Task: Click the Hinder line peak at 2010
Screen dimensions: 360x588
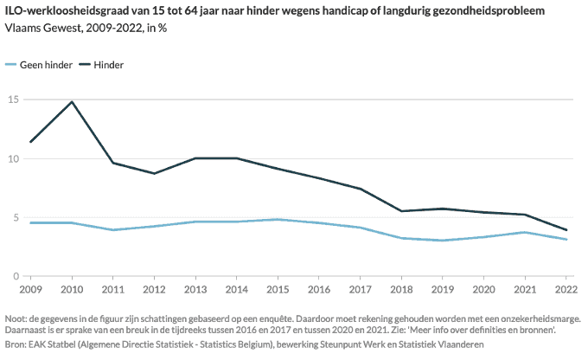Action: point(72,102)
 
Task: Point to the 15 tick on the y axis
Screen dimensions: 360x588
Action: point(13,100)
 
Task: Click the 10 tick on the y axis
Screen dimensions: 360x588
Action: point(13,158)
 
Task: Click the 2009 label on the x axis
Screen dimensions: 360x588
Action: point(30,290)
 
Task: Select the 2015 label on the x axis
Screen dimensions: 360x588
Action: point(278,290)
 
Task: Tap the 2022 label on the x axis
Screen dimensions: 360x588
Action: point(566,290)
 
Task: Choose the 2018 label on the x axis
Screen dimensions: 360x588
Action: point(401,290)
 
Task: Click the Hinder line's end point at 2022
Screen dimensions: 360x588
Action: point(566,230)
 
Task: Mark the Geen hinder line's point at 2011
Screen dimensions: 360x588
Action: point(113,230)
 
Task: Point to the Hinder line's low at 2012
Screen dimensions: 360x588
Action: point(155,174)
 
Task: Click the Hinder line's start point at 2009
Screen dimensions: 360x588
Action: point(31,142)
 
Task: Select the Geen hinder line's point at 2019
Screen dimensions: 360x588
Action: point(443,241)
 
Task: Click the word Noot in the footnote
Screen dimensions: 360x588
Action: point(16,318)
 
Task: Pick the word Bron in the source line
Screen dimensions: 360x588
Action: point(16,344)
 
